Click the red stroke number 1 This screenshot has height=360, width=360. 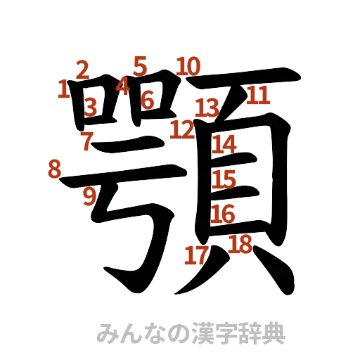point(63,89)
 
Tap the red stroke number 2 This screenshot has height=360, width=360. point(82,70)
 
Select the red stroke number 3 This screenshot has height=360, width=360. point(90,107)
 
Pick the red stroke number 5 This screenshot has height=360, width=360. point(140,66)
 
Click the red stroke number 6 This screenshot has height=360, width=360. point(147,101)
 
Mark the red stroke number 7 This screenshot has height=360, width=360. point(86,141)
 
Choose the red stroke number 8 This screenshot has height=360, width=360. point(53,169)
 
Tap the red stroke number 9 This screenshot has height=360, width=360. point(89,196)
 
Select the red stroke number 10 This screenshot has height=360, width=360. point(188,66)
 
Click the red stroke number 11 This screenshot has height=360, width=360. point(257,95)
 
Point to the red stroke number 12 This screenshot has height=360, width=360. point(182,129)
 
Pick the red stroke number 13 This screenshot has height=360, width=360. point(207,108)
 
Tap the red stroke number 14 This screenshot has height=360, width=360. point(225,144)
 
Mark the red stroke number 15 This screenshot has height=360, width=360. point(224,179)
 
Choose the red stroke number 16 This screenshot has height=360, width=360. point(223,213)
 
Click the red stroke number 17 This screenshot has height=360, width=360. point(195,255)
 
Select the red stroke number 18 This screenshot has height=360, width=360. point(240,244)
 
